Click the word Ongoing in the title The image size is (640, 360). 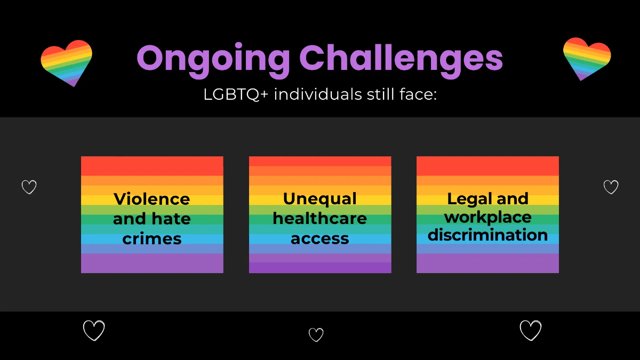pos(213,59)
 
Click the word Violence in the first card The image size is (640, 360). pos(152,199)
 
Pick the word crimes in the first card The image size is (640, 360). pos(152,238)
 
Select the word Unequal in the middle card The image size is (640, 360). pos(320,198)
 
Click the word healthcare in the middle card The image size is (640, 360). pos(320,218)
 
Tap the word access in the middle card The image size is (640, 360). pos(320,238)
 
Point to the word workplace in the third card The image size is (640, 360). pos(487,217)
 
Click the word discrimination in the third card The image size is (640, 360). pos(487,235)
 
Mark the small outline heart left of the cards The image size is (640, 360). pos(29,187)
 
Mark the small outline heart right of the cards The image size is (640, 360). pos(611,187)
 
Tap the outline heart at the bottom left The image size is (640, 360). pos(94,331)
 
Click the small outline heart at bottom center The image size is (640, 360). pos(316,335)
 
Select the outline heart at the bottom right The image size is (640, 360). pos(531,331)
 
